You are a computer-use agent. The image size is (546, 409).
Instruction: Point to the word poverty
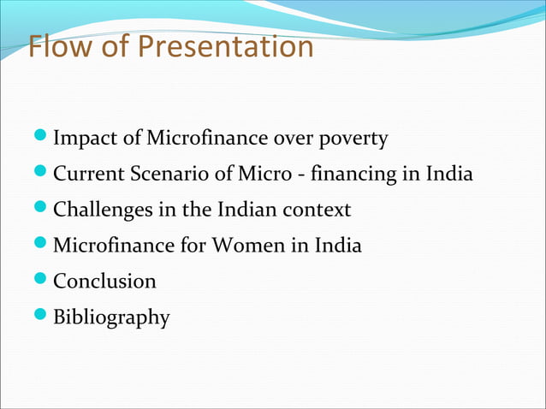pos(353,138)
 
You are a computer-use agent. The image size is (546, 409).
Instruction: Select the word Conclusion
pos(104,282)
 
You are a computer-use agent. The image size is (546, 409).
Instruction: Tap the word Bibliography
pos(111,318)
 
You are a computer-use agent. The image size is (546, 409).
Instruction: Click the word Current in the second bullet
pos(89,174)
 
